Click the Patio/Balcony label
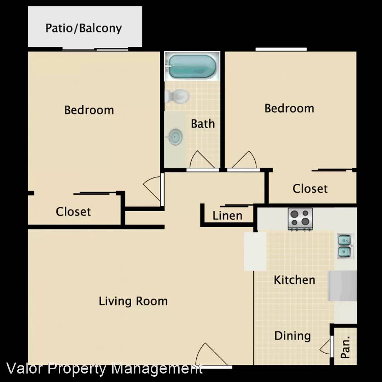coord(83,28)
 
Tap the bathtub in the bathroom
coord(192,66)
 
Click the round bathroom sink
coord(175,137)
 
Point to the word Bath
coord(203,124)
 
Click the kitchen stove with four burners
coord(300,219)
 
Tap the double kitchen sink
coord(345,246)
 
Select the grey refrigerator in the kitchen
coord(342,285)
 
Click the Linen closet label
coord(227,216)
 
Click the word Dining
coord(293,336)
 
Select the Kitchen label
coord(294,280)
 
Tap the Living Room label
coord(133,301)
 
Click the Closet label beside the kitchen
coord(310,189)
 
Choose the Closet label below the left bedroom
coord(73,212)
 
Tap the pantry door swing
coord(325,347)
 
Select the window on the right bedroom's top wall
coord(281,49)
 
